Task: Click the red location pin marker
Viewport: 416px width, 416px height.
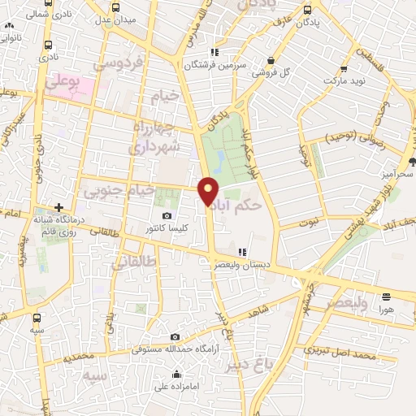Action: click(209, 190)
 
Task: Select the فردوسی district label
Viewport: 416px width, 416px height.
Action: click(118, 63)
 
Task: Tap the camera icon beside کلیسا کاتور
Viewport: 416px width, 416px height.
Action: click(167, 216)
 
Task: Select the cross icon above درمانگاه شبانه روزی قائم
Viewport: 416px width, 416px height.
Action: click(58, 207)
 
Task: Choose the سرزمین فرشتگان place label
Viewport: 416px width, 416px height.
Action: click(214, 65)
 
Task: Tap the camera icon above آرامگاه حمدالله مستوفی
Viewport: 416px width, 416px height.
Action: click(175, 336)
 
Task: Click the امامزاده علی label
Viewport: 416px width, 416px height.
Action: click(176, 387)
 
